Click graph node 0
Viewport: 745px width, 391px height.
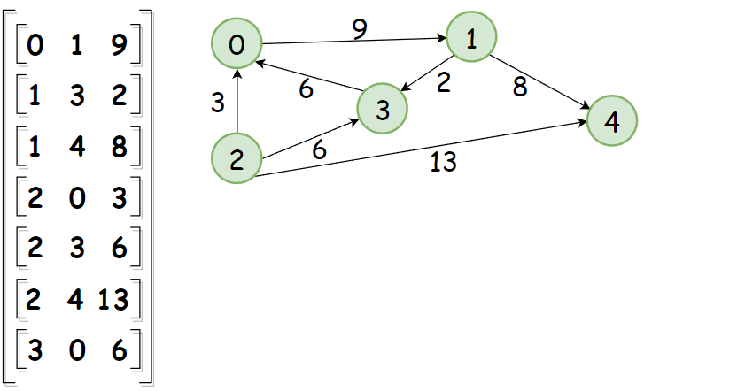(x=237, y=45)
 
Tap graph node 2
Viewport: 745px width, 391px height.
(x=237, y=160)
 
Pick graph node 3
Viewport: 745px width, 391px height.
(x=383, y=110)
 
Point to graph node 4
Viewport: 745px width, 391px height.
(x=611, y=122)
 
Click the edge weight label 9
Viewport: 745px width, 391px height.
(x=359, y=28)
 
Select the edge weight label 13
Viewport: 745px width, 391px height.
(x=443, y=163)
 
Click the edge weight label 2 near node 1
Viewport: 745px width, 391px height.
(x=444, y=83)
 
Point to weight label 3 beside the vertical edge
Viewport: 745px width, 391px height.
(x=218, y=103)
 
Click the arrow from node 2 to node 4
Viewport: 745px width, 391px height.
(x=425, y=151)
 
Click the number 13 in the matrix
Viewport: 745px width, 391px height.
(x=114, y=300)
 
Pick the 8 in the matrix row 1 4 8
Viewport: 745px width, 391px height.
(x=119, y=148)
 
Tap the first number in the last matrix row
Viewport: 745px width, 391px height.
(x=35, y=351)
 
